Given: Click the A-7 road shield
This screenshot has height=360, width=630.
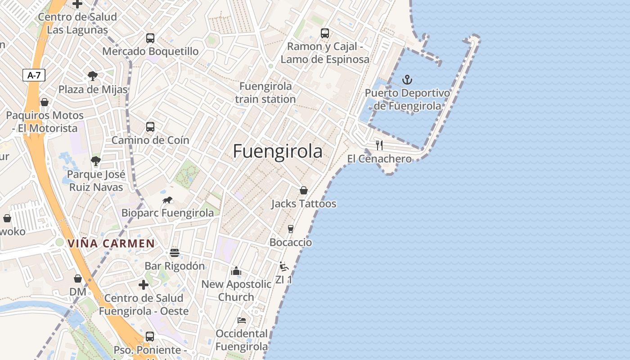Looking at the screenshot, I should tap(34, 75).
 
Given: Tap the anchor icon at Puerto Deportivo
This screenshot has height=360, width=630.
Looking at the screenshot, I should tap(407, 80).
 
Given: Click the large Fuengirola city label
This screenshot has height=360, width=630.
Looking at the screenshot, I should tap(278, 152).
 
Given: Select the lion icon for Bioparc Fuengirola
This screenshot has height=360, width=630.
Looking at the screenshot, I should tap(167, 200).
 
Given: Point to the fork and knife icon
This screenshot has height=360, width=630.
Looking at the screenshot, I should tap(379, 145).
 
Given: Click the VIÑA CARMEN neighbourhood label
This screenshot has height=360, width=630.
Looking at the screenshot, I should tap(111, 244).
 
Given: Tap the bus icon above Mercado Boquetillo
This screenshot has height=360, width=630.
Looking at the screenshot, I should tap(150, 38).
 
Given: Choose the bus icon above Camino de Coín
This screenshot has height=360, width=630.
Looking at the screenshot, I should tap(150, 127).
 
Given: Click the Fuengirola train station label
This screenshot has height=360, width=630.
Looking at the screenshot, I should tap(265, 92).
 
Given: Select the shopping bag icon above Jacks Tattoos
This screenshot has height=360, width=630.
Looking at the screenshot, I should tap(304, 190).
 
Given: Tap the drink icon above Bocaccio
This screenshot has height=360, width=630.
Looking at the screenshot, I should tap(291, 229).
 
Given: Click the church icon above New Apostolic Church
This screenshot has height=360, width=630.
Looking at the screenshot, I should tap(236, 271).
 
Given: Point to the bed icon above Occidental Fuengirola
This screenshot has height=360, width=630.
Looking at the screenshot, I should tap(242, 320).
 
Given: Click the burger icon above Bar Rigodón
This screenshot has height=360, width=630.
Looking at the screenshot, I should tap(175, 253).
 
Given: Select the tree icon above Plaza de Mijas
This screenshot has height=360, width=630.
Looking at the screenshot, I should tap(93, 76).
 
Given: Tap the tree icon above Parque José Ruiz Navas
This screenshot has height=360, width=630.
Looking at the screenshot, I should tap(95, 161).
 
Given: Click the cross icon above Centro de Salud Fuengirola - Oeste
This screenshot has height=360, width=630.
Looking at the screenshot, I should tap(144, 285).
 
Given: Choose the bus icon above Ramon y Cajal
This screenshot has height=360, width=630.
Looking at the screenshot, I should tap(325, 33).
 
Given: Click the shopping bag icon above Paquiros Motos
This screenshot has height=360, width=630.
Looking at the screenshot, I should tap(44, 102).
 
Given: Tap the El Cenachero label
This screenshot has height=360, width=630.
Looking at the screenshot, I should tap(379, 159).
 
